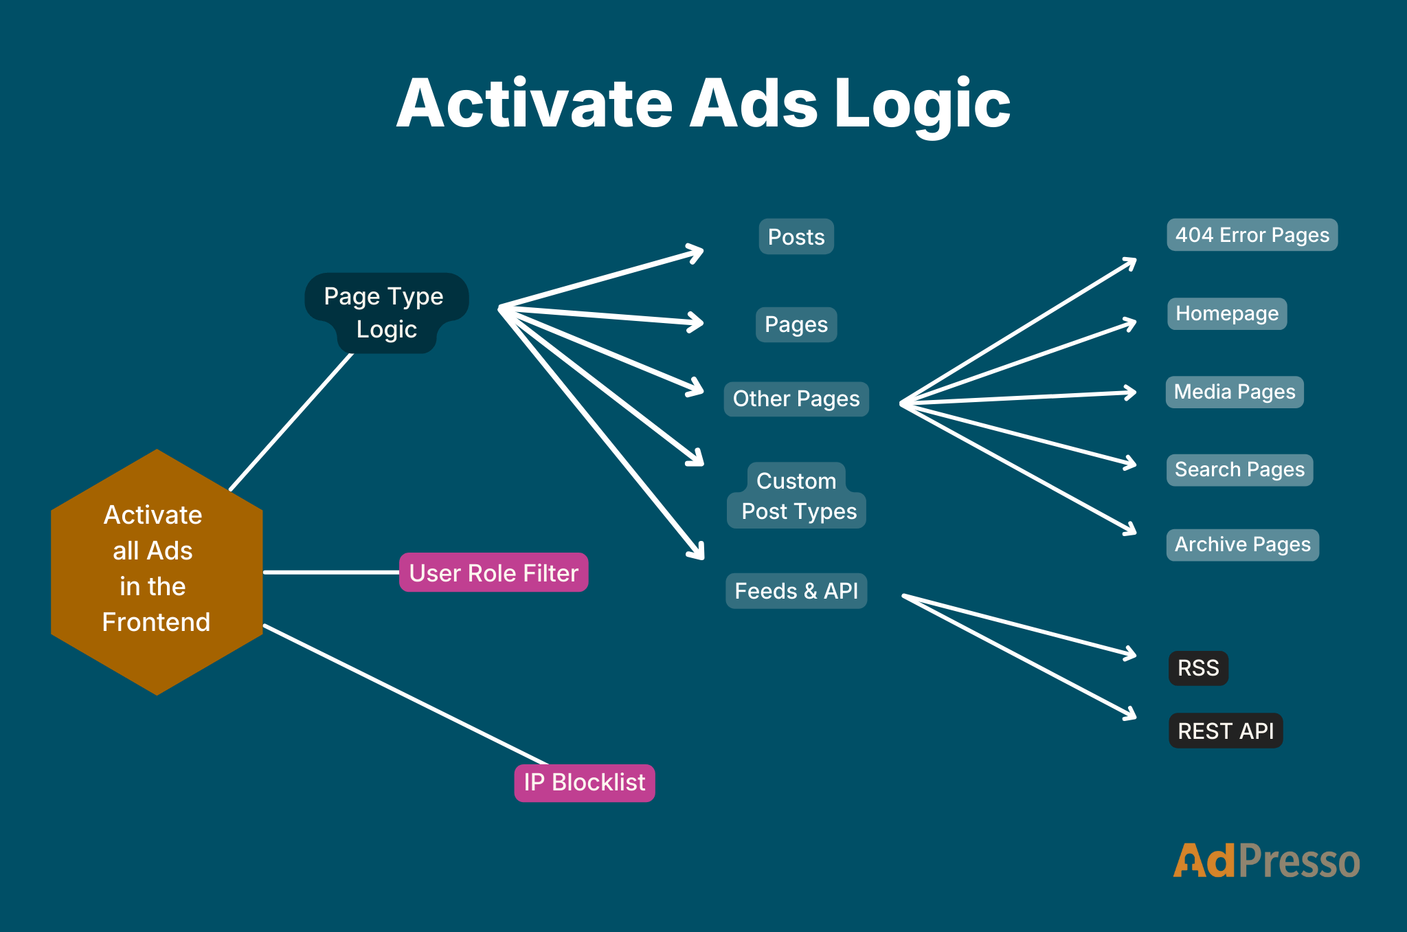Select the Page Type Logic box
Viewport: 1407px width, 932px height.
click(385, 312)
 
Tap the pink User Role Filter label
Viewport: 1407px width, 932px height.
click(493, 573)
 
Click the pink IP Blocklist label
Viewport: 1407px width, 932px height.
click(584, 783)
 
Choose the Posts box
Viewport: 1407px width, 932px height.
click(796, 237)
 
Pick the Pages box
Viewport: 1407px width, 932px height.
click(796, 324)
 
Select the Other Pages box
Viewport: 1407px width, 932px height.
click(796, 399)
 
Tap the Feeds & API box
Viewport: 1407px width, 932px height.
click(796, 590)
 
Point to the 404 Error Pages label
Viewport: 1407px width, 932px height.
click(1252, 235)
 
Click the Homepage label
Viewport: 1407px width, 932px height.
click(1226, 313)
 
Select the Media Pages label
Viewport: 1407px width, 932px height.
click(1234, 392)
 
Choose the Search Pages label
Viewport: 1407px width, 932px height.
click(1239, 469)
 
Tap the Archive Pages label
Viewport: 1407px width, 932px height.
click(1242, 544)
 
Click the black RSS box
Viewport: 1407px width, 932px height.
click(1198, 668)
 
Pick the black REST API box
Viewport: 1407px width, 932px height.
click(1226, 731)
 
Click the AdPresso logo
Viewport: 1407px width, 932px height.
click(1265, 861)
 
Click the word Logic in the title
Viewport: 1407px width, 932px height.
click(922, 104)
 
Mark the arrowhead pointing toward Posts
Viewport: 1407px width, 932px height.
click(697, 252)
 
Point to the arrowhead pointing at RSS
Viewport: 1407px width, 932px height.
click(1130, 654)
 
